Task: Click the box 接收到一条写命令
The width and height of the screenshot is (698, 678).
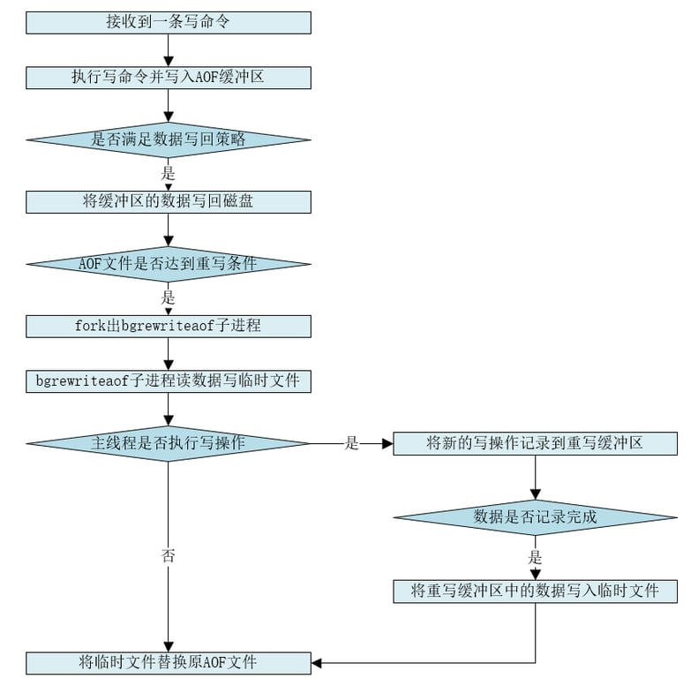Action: [168, 22]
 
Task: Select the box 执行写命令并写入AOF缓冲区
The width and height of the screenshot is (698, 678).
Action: [168, 78]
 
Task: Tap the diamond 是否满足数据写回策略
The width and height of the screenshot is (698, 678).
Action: [168, 139]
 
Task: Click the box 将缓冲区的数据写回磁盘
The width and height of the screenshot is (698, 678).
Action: [168, 201]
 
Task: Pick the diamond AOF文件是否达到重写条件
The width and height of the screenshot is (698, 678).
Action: [168, 263]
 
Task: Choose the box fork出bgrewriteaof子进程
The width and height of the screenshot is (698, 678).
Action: [168, 326]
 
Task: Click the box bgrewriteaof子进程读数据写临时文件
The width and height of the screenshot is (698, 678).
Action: [168, 381]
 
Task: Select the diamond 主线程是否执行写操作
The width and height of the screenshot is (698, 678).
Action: [168, 443]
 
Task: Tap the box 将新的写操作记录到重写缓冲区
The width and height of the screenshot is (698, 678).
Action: [535, 443]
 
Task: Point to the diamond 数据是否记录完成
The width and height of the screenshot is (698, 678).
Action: [535, 517]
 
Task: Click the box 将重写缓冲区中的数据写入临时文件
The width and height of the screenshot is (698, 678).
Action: [535, 591]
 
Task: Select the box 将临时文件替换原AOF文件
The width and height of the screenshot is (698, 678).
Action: [168, 662]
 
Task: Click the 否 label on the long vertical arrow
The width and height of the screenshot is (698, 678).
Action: [168, 555]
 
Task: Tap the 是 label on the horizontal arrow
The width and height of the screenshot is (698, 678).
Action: [351, 444]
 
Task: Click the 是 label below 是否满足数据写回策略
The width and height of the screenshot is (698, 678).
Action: [168, 172]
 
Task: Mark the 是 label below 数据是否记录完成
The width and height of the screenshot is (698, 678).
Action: [535, 558]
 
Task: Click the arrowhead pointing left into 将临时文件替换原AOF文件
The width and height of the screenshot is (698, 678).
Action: [318, 662]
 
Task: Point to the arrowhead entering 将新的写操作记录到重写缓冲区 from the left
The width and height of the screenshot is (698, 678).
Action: [387, 443]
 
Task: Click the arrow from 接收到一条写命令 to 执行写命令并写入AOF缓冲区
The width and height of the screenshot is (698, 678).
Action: [168, 49]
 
